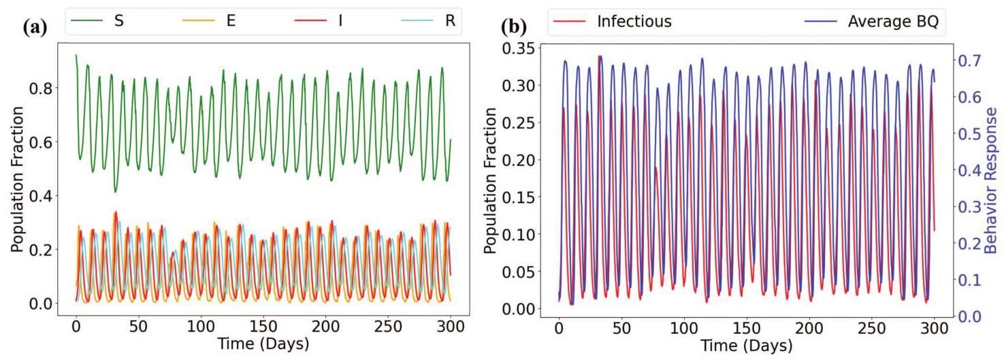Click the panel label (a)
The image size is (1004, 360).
(x=35, y=28)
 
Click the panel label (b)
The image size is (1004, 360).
(x=514, y=27)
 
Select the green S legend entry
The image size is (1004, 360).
(x=97, y=20)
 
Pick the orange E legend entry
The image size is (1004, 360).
(x=209, y=20)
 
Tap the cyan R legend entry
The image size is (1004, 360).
(x=428, y=20)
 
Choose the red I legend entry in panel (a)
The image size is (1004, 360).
(x=319, y=20)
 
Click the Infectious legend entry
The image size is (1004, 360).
(x=612, y=22)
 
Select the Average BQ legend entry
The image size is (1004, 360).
(x=871, y=22)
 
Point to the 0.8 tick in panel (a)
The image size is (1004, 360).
(x=40, y=88)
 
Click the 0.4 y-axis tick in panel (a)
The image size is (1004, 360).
(x=40, y=196)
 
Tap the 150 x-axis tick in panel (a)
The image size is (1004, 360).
(x=263, y=327)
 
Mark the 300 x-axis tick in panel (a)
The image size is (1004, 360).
(x=451, y=327)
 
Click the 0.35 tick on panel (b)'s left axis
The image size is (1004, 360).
(x=518, y=48)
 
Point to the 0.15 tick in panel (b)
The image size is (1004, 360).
(x=518, y=197)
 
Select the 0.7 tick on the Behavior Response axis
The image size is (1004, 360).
(x=969, y=61)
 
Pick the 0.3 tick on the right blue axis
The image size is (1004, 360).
(x=969, y=207)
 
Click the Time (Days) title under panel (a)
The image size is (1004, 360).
(x=263, y=344)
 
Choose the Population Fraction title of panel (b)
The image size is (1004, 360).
(x=491, y=180)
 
